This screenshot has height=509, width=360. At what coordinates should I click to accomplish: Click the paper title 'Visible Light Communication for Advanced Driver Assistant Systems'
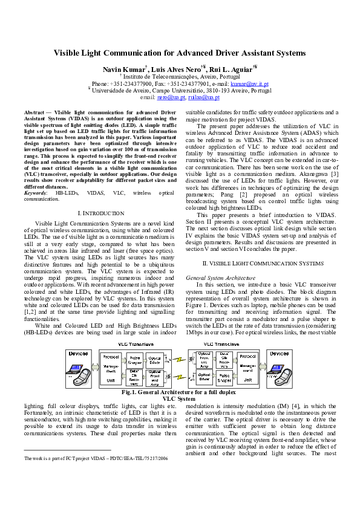tap(180, 53)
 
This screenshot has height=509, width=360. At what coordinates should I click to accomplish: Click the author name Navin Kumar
tap(123, 70)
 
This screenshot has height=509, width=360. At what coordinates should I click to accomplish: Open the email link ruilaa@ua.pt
tap(203, 97)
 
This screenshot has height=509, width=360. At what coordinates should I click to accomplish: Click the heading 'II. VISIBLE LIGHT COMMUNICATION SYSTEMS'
tap(263, 264)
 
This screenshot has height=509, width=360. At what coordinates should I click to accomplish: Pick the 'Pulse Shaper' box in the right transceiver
tap(223, 380)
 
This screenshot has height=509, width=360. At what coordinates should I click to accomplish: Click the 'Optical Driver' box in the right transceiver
tap(204, 380)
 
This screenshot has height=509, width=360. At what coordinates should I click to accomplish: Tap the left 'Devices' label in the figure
tap(78, 353)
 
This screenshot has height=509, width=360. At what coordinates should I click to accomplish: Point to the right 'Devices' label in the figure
tap(280, 353)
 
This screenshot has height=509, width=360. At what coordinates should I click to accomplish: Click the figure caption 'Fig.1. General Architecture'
tap(180, 393)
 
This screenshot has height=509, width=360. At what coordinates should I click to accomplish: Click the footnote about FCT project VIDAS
tap(96, 459)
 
